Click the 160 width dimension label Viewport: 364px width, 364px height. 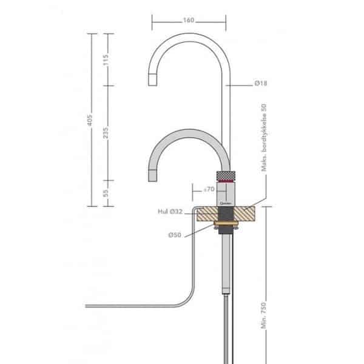[x=188, y=20]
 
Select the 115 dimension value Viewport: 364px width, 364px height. [x=106, y=60]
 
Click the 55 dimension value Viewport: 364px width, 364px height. [x=106, y=194]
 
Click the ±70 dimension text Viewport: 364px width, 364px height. [x=210, y=190]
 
